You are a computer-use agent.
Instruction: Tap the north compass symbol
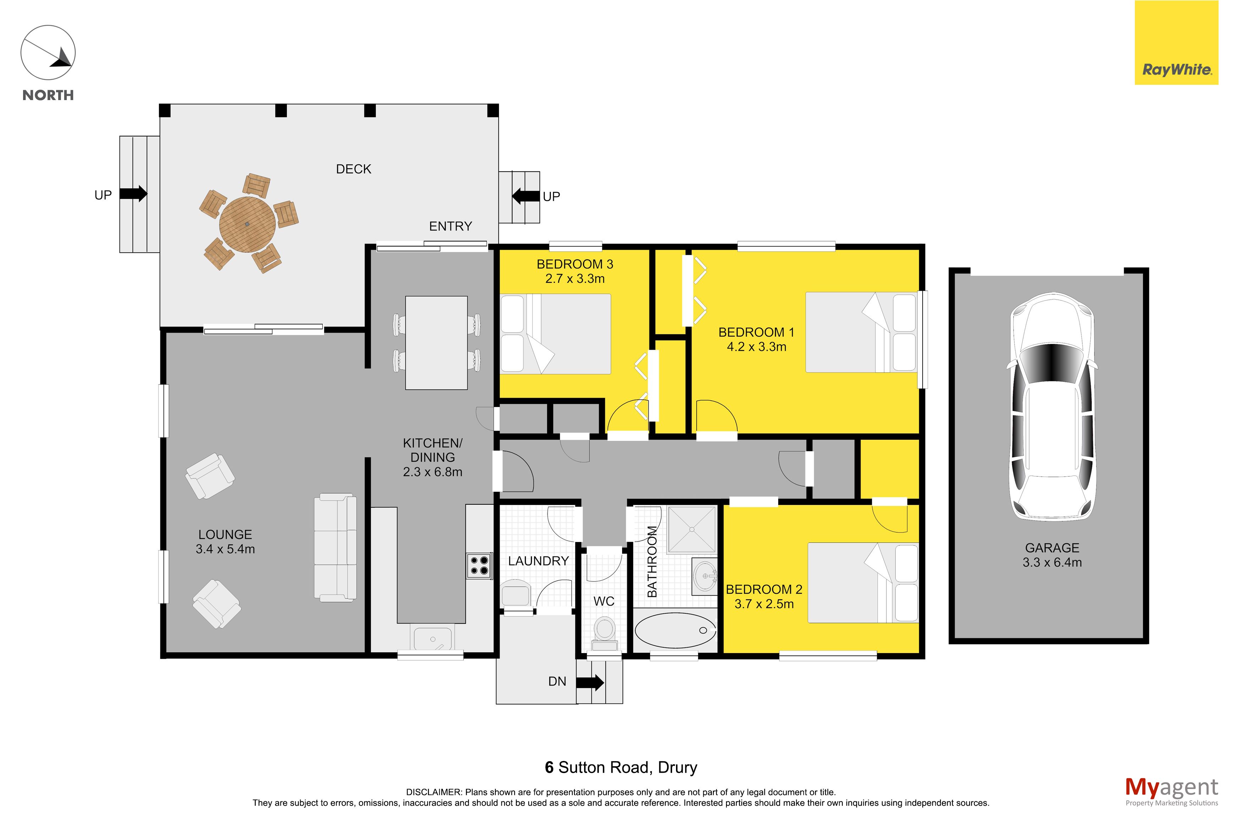point(48,53)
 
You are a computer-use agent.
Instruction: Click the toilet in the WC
point(604,634)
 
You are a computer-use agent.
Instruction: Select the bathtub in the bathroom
point(675,630)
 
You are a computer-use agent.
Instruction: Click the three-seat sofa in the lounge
point(335,547)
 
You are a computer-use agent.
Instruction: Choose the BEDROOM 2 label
point(764,589)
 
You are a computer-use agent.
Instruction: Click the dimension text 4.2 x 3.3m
point(757,347)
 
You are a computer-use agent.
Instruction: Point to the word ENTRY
point(450,226)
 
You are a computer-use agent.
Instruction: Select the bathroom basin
point(705,576)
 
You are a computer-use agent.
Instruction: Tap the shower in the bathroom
point(692,530)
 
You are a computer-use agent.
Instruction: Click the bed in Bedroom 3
point(555,334)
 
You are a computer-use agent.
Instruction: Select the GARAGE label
point(1052,548)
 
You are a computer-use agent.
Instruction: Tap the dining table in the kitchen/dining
point(436,343)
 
